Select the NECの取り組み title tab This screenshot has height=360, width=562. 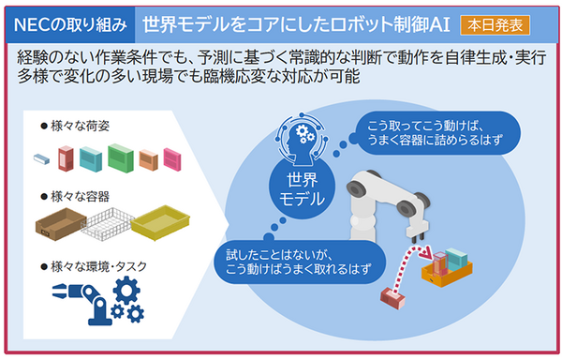pyautogui.click(x=67, y=19)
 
